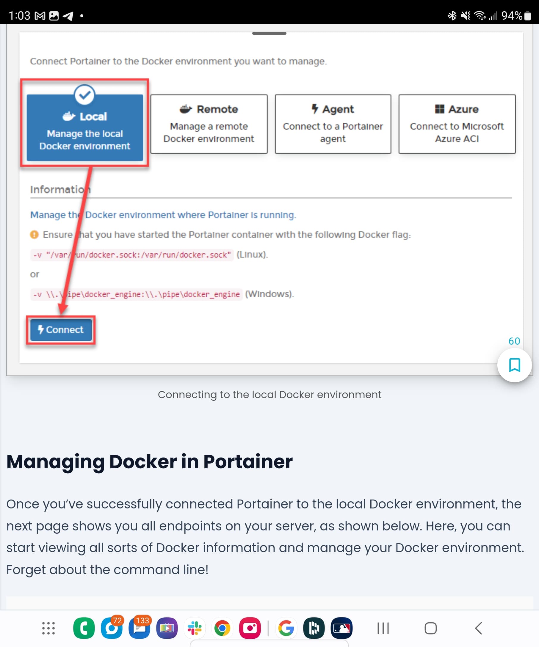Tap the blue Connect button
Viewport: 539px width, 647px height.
[61, 330]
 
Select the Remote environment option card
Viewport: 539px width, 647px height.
[209, 124]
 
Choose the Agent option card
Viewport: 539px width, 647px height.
[333, 124]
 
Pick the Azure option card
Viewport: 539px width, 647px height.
[457, 124]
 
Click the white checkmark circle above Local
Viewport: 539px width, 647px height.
[84, 95]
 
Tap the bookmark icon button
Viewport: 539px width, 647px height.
[514, 365]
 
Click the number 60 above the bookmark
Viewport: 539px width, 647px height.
[514, 341]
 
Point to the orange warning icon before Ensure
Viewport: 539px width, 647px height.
[34, 235]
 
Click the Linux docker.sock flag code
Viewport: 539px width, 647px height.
[132, 255]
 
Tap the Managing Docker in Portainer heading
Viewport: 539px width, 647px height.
[149, 462]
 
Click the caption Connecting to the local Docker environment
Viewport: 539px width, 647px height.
[269, 395]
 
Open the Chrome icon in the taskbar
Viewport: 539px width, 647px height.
[222, 628]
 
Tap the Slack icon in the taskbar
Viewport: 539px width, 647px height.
[195, 628]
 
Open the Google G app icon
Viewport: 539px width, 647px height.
[286, 628]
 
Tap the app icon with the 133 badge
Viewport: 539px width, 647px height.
[139, 628]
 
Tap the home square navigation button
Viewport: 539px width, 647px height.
[430, 628]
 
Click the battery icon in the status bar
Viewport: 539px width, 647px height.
[528, 15]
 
